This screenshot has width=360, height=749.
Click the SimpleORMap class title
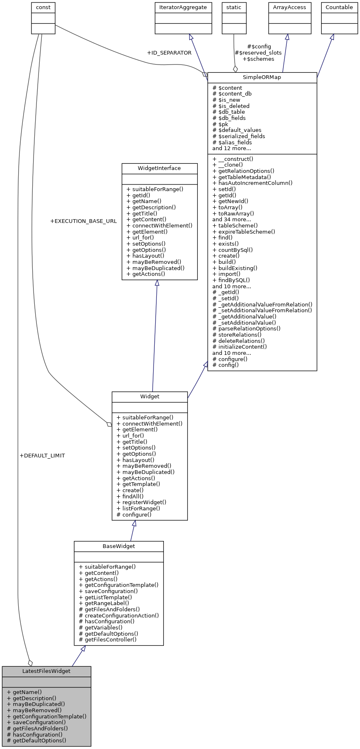tap(262, 77)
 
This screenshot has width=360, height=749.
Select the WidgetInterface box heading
tap(159, 168)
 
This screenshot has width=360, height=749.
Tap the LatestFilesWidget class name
tap(46, 671)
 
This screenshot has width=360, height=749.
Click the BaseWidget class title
tap(119, 546)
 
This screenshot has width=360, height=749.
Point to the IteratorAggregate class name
tap(183, 7)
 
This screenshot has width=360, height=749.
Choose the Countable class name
tap(339, 7)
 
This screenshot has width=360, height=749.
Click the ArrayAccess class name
tap(290, 7)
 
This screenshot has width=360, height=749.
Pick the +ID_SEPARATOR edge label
tap(169, 53)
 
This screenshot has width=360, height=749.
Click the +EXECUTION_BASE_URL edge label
tap(83, 221)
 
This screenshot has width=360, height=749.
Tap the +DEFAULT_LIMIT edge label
tap(42, 455)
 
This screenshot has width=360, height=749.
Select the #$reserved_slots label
tap(258, 53)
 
